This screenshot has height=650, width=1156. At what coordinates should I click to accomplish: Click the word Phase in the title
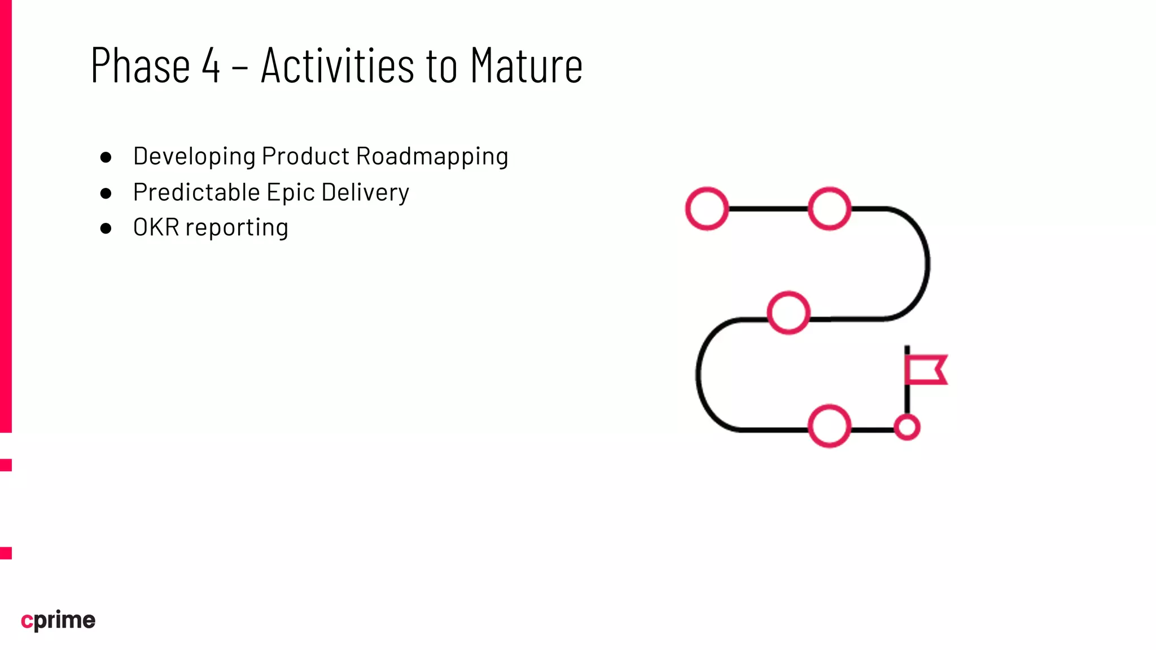coord(140,65)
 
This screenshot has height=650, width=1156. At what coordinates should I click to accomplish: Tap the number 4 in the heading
coord(211,65)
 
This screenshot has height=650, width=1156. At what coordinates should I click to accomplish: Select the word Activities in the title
coord(338,65)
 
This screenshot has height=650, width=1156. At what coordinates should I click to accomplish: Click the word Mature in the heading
coord(526,65)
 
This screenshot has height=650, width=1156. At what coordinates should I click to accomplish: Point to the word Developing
coord(194,156)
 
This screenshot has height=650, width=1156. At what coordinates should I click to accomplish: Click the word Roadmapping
coord(432,156)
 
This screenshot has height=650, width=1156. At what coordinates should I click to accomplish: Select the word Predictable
coord(196,192)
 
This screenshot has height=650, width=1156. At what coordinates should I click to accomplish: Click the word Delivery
coord(365,192)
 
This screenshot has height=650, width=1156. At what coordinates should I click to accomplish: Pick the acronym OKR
coord(156,227)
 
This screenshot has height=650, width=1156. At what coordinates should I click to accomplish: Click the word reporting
coord(237,228)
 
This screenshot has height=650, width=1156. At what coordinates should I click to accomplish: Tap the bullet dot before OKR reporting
coord(106,228)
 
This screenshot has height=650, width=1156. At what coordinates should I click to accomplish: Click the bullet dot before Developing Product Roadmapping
coord(106,157)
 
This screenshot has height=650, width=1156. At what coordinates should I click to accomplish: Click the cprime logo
coord(58,620)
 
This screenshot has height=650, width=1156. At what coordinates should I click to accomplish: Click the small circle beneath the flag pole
coord(907,427)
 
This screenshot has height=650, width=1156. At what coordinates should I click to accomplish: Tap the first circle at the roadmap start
coord(707,209)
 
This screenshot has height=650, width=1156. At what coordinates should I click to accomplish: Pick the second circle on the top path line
coord(829,209)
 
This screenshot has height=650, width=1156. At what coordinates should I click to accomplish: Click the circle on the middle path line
coord(789,313)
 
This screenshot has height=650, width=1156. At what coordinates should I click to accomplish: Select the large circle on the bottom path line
coord(829,426)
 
